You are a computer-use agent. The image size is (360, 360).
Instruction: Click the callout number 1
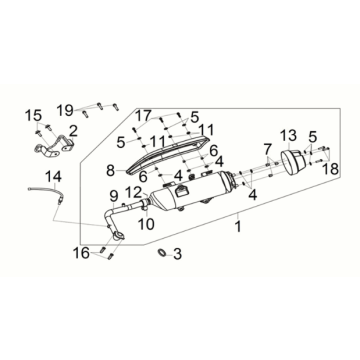[238, 227]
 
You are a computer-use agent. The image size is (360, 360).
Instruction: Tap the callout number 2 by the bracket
[73, 131]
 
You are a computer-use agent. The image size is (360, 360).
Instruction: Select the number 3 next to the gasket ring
[177, 254]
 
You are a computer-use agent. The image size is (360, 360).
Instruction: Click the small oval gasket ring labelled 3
[162, 253]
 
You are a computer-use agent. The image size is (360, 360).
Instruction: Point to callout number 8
[111, 171]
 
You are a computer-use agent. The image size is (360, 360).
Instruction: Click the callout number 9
[114, 196]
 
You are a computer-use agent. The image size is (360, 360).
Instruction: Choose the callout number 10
[147, 224]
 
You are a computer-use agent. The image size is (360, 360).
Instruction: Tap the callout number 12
[133, 192]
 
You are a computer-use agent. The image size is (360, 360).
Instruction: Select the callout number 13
[288, 136]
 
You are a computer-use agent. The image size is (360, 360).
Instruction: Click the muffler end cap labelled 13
[294, 162]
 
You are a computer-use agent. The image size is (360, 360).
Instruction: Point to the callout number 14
[53, 176]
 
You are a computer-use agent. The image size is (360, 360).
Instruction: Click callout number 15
[34, 116]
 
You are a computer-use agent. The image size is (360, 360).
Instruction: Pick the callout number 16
[81, 253]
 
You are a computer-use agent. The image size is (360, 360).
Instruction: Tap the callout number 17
[143, 116]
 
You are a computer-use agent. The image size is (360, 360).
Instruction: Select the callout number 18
[330, 169]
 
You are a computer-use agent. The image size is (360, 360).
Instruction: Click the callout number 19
[65, 109]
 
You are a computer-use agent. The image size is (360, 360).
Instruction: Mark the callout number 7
[269, 150]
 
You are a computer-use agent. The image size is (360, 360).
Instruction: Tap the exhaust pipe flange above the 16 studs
[119, 236]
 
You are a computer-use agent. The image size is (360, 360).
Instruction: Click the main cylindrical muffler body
[190, 193]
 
